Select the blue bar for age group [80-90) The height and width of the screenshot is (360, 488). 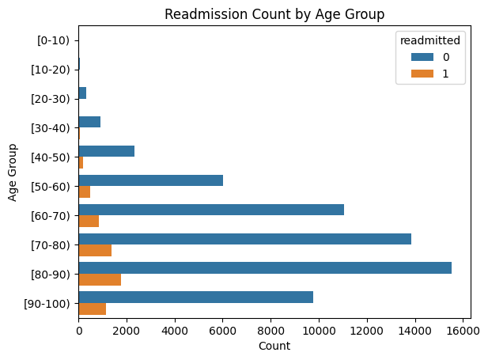point(265,267)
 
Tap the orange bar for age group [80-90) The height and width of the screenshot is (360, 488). point(100,279)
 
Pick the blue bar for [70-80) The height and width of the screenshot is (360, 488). point(245,239)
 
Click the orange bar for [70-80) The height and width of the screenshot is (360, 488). point(95,250)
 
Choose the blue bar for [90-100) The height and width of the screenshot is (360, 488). point(196,297)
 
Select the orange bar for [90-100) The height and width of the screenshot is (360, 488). point(93,309)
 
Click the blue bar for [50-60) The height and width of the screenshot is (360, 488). point(151,180)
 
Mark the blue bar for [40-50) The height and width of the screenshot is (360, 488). point(107,151)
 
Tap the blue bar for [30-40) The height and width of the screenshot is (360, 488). point(89,122)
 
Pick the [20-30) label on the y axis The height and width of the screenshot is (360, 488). point(52,99)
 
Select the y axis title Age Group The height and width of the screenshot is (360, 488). point(13,172)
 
